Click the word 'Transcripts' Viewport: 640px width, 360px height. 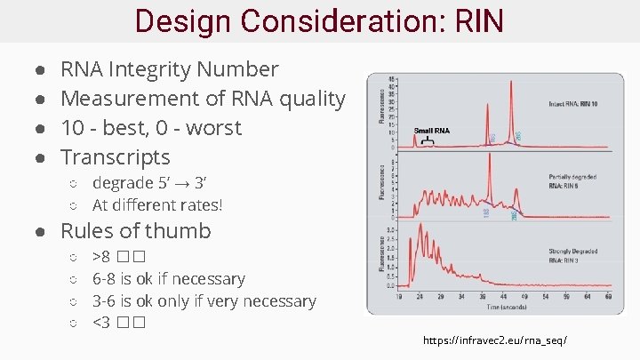[x=115, y=157]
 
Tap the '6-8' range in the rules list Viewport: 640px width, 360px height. [x=104, y=279]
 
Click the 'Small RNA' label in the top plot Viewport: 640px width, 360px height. [x=432, y=131]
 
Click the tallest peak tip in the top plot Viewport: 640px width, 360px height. [x=511, y=82]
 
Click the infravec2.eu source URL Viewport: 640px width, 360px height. [x=495, y=340]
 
